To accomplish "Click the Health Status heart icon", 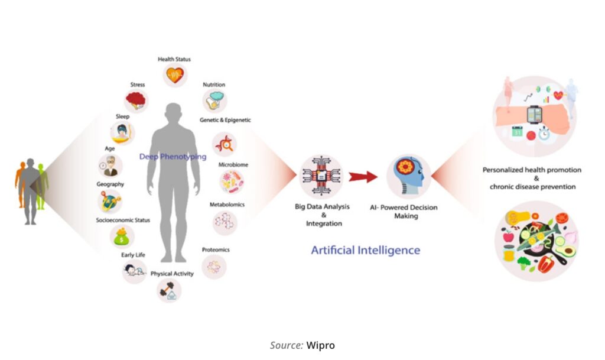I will coord(174,74).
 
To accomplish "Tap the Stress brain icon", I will coord(137,100).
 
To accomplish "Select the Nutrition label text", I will coord(214,85).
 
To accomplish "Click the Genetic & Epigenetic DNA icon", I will coord(225,144).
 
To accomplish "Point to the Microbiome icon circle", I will coord(232,182).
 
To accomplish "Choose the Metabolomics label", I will coord(227,205).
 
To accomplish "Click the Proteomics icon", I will coord(214,267).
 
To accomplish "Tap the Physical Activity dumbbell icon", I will coord(169,290).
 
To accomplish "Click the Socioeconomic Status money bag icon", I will coord(122,238).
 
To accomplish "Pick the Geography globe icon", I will coord(110,202).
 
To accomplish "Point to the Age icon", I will coord(110,166).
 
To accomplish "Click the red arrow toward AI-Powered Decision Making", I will coord(362,176).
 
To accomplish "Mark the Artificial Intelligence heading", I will coord(365,250).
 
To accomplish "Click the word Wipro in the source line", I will coord(320,345).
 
